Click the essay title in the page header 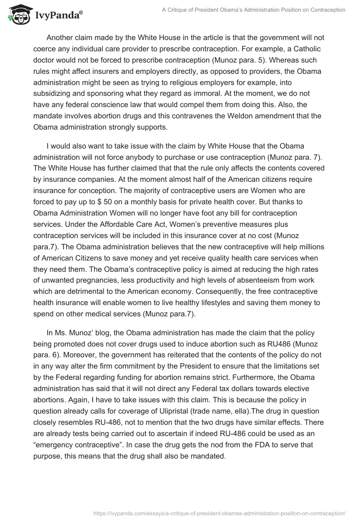pos(253,9)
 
